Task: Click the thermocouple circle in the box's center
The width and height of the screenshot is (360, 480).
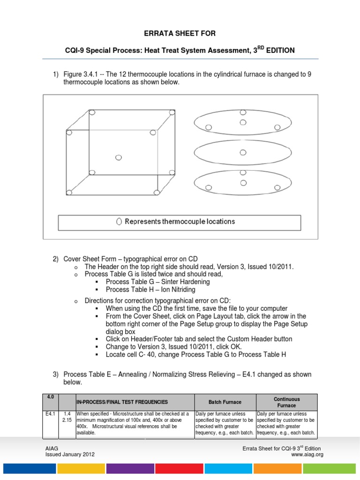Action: pos(119,157)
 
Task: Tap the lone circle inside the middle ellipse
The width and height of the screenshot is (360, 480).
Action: pos(242,152)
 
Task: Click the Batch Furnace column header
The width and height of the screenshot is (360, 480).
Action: pos(225,402)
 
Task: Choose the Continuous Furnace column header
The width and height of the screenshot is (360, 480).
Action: pos(286,402)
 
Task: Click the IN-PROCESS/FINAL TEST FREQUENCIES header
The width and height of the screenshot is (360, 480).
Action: pos(122,402)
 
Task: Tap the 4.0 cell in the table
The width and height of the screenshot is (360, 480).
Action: pos(50,397)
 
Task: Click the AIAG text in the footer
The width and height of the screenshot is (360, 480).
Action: pos(51,449)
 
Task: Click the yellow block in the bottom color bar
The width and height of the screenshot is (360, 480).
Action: pos(81,468)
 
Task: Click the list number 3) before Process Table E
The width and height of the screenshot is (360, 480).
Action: pos(55,375)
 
